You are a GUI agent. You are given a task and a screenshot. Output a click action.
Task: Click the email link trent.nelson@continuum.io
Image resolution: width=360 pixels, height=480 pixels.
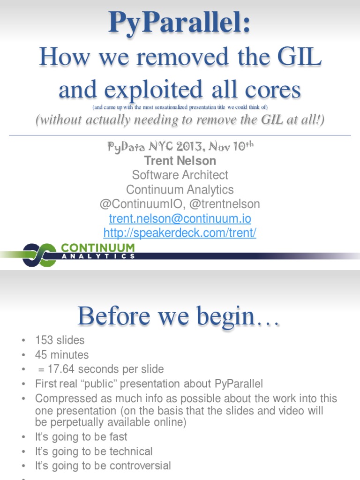pyautogui.click(x=180, y=218)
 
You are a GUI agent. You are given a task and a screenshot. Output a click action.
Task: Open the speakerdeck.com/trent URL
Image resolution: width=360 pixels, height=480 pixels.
pyautogui.click(x=180, y=233)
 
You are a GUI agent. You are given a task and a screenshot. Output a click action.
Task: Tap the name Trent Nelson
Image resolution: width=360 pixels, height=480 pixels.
pyautogui.click(x=180, y=161)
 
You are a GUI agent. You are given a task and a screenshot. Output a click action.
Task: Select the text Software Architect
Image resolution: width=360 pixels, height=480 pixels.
pyautogui.click(x=180, y=175)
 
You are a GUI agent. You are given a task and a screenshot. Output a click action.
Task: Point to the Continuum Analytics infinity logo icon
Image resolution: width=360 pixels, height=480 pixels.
pyautogui.click(x=39, y=255)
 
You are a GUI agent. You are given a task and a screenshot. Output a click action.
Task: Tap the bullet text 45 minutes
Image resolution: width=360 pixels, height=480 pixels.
pyautogui.click(x=62, y=355)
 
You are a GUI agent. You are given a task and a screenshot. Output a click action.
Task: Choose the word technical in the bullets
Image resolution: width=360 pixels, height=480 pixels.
pyautogui.click(x=131, y=451)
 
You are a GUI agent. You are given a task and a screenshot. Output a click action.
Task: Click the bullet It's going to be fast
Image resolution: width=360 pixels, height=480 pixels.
pyautogui.click(x=81, y=437)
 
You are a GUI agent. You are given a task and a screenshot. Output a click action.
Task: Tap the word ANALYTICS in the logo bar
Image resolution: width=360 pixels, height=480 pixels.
pyautogui.click(x=98, y=256)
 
